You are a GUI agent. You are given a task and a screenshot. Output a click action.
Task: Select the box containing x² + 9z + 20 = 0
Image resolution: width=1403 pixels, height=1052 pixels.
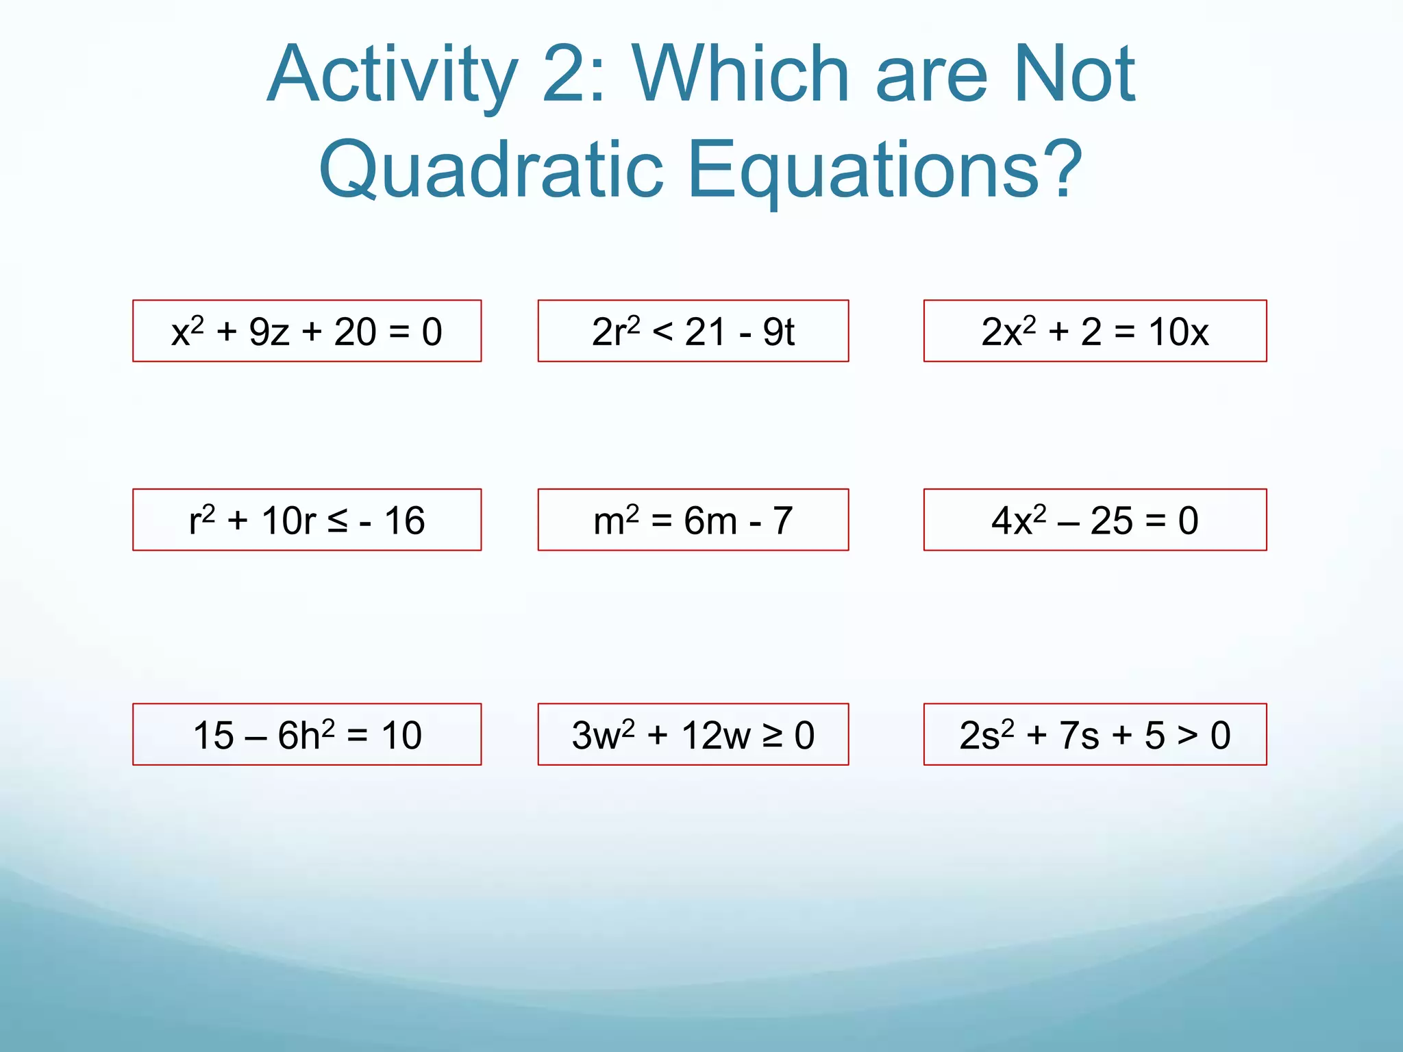(x=307, y=331)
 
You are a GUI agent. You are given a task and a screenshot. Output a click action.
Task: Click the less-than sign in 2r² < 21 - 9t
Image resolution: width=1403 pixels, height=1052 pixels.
(x=662, y=332)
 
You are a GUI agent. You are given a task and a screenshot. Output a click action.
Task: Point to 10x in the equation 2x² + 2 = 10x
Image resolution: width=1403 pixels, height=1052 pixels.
(x=1178, y=332)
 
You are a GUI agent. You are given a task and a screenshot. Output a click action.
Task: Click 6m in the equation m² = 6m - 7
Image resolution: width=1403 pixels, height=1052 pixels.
(x=710, y=521)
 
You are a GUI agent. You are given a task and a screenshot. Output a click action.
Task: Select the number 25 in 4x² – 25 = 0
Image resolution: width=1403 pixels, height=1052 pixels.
(x=1111, y=521)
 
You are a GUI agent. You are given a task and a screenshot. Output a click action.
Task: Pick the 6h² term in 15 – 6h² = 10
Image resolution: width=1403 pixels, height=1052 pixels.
(x=306, y=736)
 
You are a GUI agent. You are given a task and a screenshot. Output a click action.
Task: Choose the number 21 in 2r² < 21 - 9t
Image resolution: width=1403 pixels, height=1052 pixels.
(x=705, y=332)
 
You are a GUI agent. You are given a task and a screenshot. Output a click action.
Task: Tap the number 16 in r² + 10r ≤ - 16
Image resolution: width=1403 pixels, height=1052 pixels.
(x=404, y=521)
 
